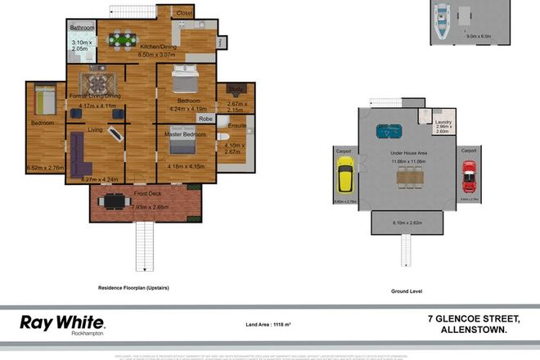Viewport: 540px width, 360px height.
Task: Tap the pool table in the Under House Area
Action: [x=385, y=131]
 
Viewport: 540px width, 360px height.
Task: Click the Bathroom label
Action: [x=83, y=28]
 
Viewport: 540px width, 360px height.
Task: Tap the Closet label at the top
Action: [x=185, y=13]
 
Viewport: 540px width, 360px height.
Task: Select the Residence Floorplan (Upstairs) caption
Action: [x=135, y=288]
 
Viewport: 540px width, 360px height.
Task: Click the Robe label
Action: [x=205, y=118]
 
